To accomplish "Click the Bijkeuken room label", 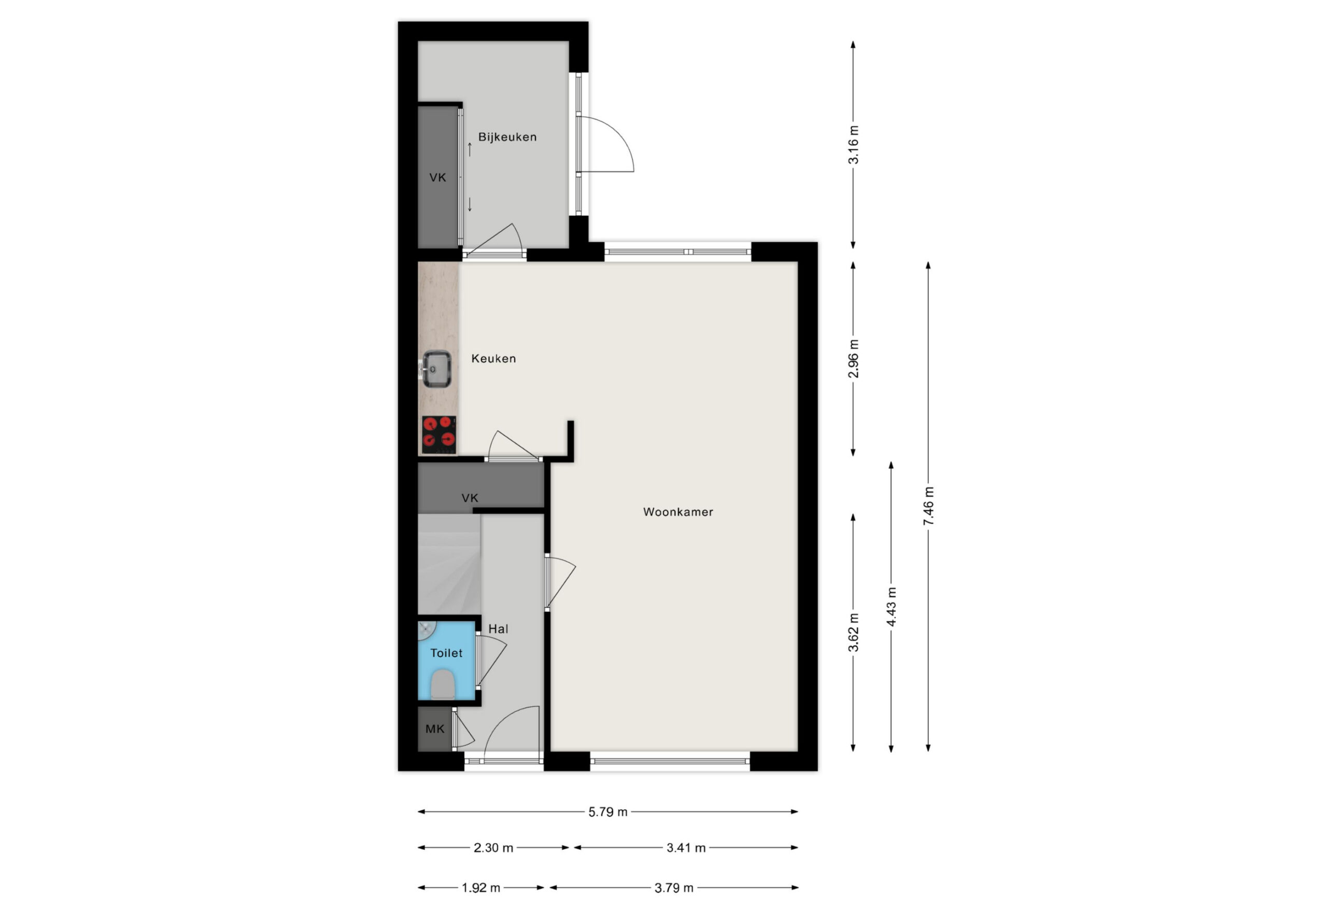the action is [507, 137].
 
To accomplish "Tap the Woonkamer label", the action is [678, 512].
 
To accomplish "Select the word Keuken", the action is [493, 359].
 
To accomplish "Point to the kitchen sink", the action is [437, 369].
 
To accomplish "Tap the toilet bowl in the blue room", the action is [443, 684].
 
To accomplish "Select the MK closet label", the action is [434, 729].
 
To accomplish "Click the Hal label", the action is [498, 629].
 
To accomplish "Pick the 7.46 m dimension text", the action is [928, 506].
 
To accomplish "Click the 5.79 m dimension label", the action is [608, 812].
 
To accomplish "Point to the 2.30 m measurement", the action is [493, 848].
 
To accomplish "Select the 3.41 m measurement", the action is [686, 848].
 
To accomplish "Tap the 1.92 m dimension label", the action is [481, 888].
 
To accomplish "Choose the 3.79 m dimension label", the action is [674, 888].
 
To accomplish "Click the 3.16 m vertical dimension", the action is [853, 145].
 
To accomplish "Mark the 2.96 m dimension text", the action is [853, 359].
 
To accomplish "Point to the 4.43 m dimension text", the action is [892, 607].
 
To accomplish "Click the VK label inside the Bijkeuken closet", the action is [437, 178].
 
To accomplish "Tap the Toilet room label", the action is [446, 653].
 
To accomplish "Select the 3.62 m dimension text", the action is [853, 633].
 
